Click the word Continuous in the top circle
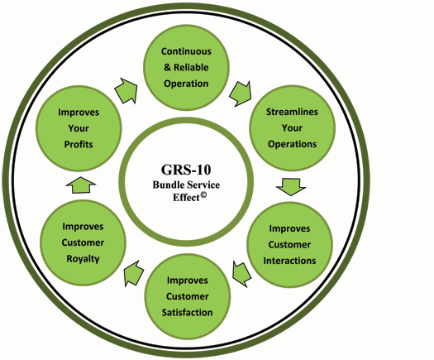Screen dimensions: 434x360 [x=186, y=51]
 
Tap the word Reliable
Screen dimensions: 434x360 [x=191, y=67]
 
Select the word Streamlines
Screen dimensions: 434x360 [x=292, y=112]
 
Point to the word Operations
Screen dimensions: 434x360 [x=292, y=144]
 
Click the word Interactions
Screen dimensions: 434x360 [x=289, y=261]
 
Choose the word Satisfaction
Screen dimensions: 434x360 [x=187, y=312]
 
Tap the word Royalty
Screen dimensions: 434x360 [x=83, y=259]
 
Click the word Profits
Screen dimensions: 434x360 [x=79, y=144]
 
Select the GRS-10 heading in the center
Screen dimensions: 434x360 [x=186, y=170]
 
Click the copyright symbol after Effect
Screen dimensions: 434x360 [x=203, y=195]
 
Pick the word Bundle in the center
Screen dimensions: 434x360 [x=166, y=185]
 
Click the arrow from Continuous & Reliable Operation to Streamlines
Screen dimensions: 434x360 [x=241, y=94]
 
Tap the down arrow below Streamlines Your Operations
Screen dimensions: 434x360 [x=291, y=187]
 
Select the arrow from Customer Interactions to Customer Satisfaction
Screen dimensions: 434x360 [x=242, y=274]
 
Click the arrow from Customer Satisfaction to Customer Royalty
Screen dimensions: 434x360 [x=134, y=273]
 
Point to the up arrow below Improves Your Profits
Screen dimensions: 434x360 [x=81, y=185]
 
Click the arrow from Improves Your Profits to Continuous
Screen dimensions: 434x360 [x=126, y=91]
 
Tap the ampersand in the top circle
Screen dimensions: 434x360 [x=167, y=67]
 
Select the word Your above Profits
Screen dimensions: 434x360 [x=79, y=128]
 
